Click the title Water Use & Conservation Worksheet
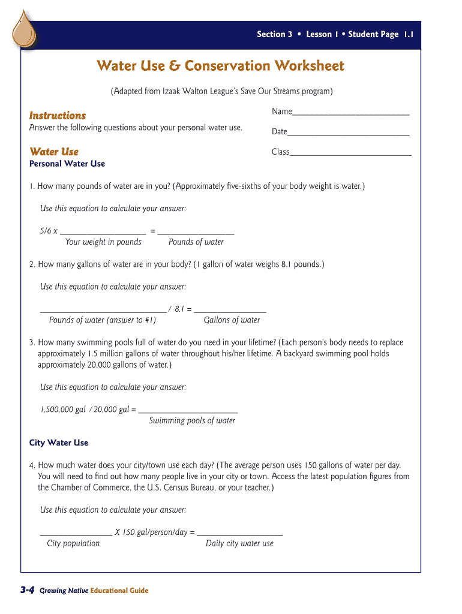pyautogui.click(x=221, y=65)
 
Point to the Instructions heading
pyautogui.click(x=58, y=115)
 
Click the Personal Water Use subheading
pyautogui.click(x=67, y=164)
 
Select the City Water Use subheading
pyautogui.click(x=59, y=443)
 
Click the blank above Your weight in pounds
pyautogui.click(x=103, y=233)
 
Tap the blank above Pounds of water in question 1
pyautogui.click(x=196, y=233)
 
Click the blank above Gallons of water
pyautogui.click(x=230, y=311)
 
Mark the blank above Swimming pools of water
pyautogui.click(x=188, y=411)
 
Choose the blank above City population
pyautogui.click(x=76, y=534)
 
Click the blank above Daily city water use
pyautogui.click(x=239, y=534)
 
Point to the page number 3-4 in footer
pyautogui.click(x=26, y=591)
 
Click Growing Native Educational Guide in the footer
pyautogui.click(x=94, y=591)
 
